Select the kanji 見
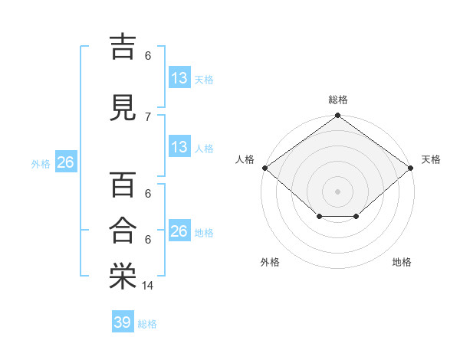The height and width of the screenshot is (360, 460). click(x=123, y=108)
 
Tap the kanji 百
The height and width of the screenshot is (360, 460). click(x=123, y=185)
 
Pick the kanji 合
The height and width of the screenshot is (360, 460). click(x=123, y=230)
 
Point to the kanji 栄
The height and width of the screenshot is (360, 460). click(x=123, y=276)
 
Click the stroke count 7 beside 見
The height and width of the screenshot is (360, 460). click(x=148, y=117)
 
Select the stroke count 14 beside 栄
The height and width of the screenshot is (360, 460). click(x=147, y=286)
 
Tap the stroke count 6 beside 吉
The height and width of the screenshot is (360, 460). click(x=148, y=56)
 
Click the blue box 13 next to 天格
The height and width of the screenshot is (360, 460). click(x=179, y=77)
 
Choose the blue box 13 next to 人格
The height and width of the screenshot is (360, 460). click(x=179, y=146)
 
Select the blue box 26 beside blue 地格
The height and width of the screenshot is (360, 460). click(x=179, y=230)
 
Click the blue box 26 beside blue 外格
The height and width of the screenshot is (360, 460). click(x=66, y=162)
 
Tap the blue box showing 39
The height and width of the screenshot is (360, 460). click(x=123, y=321)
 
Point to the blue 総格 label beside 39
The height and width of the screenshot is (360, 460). click(x=147, y=324)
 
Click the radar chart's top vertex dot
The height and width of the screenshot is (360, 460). click(x=337, y=115)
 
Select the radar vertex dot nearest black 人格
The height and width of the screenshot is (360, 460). click(x=265, y=168)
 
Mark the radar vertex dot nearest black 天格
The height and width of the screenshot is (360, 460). click(x=410, y=168)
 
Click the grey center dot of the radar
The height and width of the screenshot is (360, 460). click(x=337, y=191)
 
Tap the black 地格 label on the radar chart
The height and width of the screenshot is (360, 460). click(x=402, y=262)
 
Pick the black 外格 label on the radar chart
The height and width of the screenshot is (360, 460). click(x=270, y=262)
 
